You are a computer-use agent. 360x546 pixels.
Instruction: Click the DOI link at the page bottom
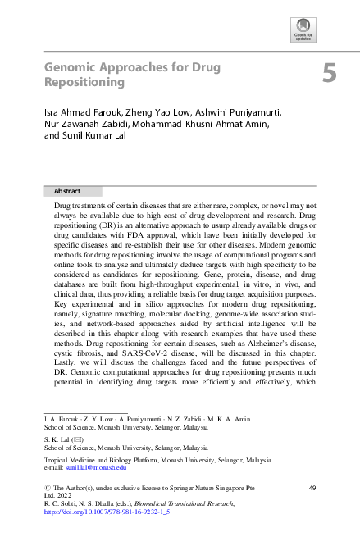tap(107, 511)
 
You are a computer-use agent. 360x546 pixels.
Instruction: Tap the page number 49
tap(312, 488)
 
